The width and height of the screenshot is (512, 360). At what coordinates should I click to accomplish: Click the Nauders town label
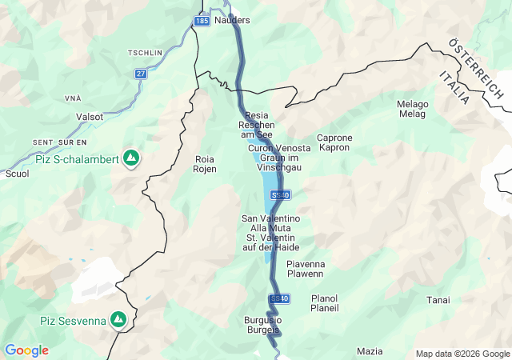pos(233,20)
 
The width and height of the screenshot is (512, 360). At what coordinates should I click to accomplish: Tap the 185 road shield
pos(202,20)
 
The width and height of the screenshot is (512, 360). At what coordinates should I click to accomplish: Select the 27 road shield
pos(141,74)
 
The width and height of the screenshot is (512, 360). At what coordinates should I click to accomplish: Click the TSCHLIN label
pos(145,53)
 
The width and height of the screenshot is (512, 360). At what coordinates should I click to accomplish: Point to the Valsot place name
pos(90,117)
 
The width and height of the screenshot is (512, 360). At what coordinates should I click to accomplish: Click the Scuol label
pos(17,173)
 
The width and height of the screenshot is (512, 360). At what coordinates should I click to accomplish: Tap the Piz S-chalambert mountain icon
pos(130,158)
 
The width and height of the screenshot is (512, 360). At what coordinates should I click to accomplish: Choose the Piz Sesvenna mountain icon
pos(118,320)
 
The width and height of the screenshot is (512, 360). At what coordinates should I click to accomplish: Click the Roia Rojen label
pos(206,164)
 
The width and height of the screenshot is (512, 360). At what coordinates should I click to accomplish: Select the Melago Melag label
pos(413,110)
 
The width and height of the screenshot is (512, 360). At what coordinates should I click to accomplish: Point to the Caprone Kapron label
pos(334,143)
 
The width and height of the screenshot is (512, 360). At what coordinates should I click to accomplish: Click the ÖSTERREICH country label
pos(476,68)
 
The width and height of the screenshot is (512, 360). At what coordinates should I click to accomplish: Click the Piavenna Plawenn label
pos(305,269)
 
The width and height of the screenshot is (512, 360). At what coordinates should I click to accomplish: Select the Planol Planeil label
pos(325,303)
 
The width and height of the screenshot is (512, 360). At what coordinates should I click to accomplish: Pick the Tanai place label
pos(438,300)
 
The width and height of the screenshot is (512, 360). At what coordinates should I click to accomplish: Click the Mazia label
pos(370,351)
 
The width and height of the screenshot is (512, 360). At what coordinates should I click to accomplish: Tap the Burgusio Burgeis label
pos(262,326)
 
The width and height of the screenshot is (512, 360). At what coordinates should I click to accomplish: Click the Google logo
pos(26,350)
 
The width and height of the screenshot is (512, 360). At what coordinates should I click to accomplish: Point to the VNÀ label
pos(74,98)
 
